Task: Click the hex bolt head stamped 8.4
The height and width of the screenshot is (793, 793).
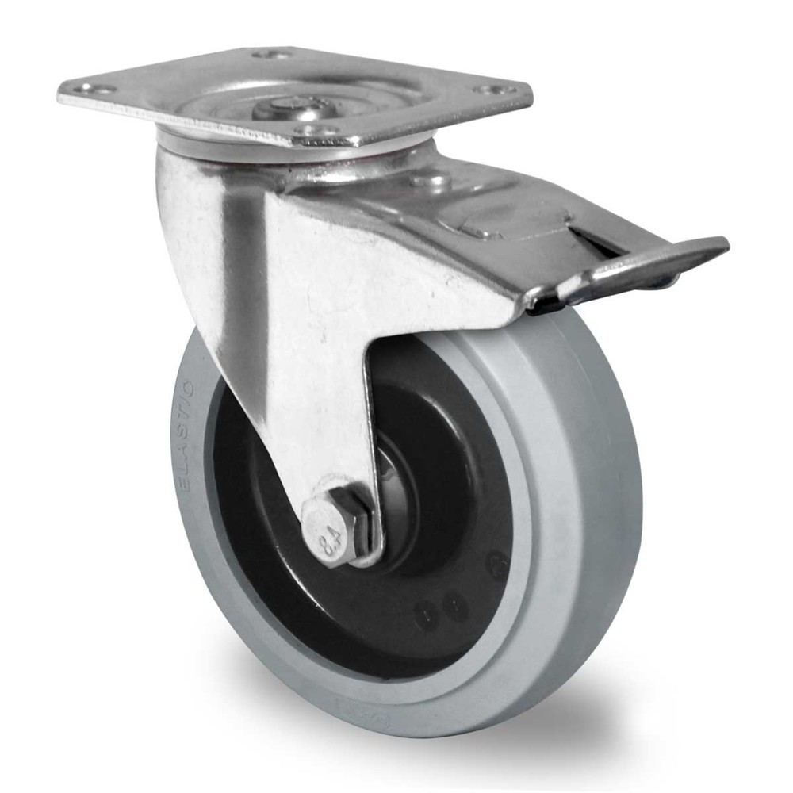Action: [333, 530]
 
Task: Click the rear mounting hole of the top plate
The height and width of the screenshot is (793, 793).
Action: [270, 54]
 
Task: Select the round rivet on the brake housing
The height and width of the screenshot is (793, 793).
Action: [433, 180]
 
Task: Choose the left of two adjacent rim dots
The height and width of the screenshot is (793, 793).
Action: [428, 612]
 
